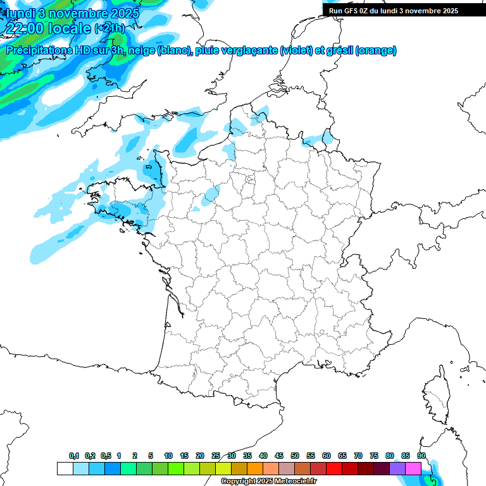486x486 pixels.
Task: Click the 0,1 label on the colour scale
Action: tap(74, 456)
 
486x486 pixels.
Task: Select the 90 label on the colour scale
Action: tap(421, 456)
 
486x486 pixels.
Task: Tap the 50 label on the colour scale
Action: tap(295, 456)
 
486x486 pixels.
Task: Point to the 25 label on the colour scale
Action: tap(216, 456)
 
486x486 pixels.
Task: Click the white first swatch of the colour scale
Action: tap(65, 468)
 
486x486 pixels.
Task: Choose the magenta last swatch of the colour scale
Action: tap(413, 468)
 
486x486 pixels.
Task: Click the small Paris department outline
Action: tap(250, 180)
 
